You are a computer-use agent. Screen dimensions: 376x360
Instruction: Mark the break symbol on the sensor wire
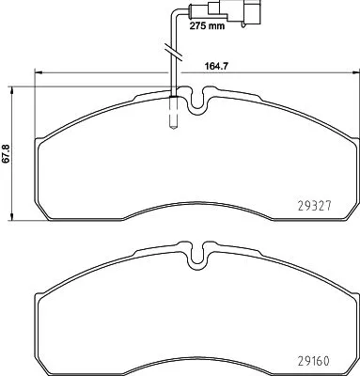(x=170, y=47)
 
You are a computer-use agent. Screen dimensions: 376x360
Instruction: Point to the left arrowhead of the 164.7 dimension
(x=38, y=73)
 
